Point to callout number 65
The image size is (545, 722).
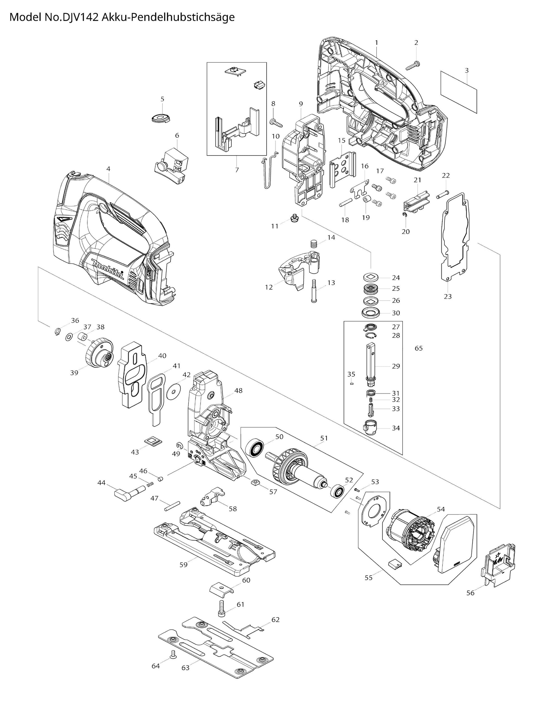point(418,348)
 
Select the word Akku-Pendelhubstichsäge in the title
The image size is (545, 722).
point(168,17)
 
